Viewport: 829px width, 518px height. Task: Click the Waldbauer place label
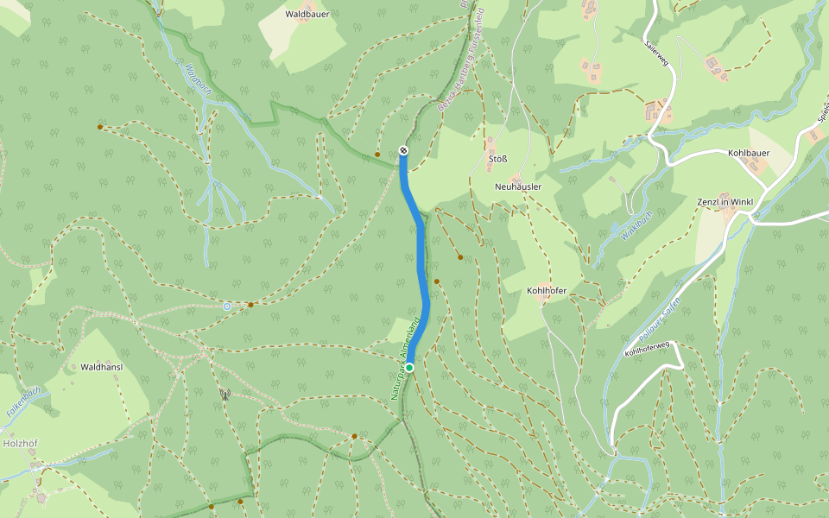[307, 14]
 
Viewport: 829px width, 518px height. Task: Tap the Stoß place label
[497, 159]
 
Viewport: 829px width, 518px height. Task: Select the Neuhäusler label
[518, 186]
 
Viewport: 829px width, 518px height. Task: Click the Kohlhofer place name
[546, 291]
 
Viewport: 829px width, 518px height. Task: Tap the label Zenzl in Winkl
[725, 202]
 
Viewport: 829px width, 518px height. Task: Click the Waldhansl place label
[102, 367]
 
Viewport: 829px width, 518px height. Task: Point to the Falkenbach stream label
[18, 403]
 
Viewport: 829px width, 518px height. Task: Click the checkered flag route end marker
[403, 152]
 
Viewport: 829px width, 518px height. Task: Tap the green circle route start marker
[409, 368]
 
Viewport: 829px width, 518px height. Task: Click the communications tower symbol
[225, 395]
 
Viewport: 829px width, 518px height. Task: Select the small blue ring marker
[226, 306]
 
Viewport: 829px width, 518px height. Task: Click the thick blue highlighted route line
[421, 259]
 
